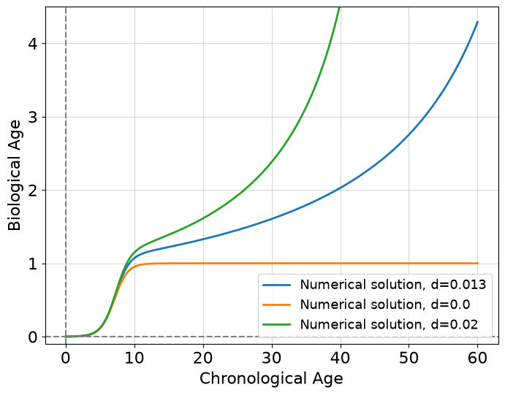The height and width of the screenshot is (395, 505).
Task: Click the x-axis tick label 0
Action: tap(66, 358)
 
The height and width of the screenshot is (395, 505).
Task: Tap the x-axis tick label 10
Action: tap(134, 358)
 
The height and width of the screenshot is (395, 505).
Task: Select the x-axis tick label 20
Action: tap(203, 358)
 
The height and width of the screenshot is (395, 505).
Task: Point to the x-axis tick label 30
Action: tap(272, 358)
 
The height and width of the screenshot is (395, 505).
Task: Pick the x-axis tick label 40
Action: tap(341, 358)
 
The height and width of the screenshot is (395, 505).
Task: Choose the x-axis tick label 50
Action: tap(409, 358)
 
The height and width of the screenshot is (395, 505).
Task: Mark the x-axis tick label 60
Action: tap(478, 358)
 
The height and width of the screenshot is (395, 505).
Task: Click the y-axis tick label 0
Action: tap(33, 337)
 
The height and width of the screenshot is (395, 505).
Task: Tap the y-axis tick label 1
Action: tap(34, 264)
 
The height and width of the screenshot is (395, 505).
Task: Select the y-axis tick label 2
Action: tap(33, 191)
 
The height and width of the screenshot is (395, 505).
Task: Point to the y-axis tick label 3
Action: tap(33, 117)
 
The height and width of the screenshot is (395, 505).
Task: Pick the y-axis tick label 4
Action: tap(33, 44)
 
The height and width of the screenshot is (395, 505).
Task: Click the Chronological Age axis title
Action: tap(271, 379)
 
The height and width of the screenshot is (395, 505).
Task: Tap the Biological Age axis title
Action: tap(14, 175)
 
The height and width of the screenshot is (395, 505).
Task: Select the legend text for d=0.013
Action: tap(393, 285)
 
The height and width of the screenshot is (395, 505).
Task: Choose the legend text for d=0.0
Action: tap(385, 304)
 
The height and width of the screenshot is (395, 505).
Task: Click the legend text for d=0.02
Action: tap(389, 324)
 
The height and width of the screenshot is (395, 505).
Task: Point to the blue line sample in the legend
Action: tap(277, 285)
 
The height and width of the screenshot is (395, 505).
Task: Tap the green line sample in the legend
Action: tap(277, 325)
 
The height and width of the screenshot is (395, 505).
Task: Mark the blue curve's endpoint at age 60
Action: tap(478, 22)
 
